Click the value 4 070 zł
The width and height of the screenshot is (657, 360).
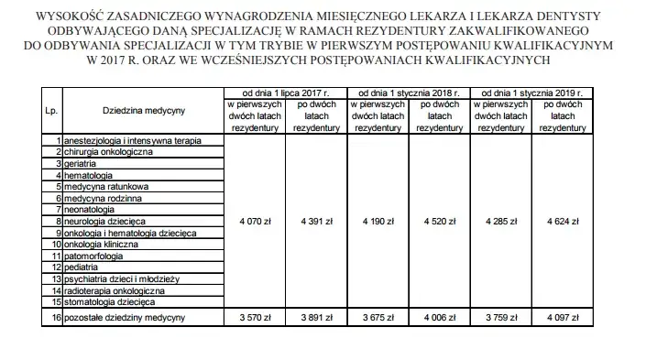[x=255, y=221]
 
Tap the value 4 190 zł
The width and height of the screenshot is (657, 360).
[x=376, y=221]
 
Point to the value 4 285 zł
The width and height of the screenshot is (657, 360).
[x=499, y=221]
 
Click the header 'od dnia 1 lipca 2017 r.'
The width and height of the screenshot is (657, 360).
[x=285, y=93]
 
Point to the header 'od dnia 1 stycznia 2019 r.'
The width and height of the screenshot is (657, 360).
[x=532, y=93]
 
